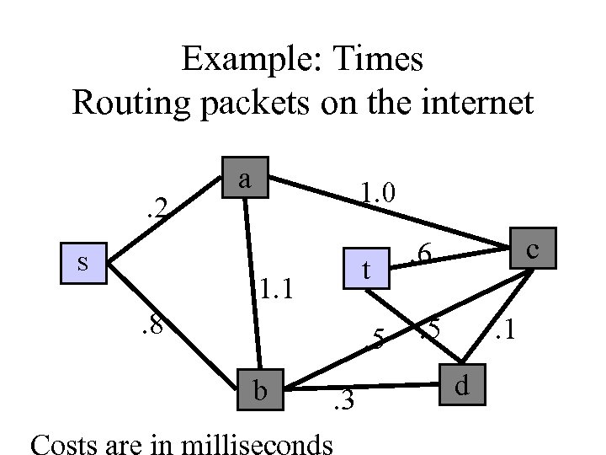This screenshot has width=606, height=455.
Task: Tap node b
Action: pos(260,390)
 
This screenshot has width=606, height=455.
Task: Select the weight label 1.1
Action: pos(276,291)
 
